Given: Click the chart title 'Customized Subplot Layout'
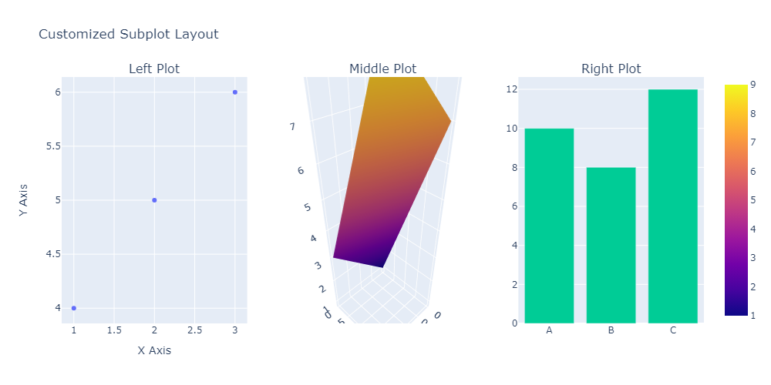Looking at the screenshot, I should [128, 34].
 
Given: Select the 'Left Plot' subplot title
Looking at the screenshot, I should [154, 69].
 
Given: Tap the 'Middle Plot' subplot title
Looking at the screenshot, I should [382, 69].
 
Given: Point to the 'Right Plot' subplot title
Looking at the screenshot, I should [611, 69].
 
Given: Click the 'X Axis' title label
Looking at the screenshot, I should [154, 350].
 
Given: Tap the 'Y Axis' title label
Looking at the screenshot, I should [25, 200].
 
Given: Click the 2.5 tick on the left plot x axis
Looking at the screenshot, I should [194, 330].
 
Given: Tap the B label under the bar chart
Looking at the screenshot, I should [611, 331].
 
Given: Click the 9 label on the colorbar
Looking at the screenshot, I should [751, 85].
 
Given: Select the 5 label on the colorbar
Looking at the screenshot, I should [751, 200].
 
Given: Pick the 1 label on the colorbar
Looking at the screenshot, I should [751, 315].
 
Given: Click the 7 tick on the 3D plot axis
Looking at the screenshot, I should [293, 126].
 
